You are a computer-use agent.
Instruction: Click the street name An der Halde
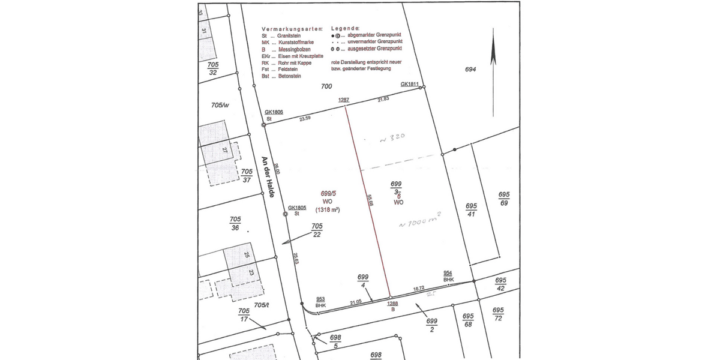pos(268,178)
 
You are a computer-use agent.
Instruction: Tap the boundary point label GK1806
pos(274,112)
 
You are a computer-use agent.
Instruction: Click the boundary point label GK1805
pos(297,208)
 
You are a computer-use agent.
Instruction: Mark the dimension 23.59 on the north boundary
pos(305,119)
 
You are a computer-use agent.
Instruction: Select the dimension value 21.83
pos(383,99)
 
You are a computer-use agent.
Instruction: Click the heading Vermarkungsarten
pos(292,29)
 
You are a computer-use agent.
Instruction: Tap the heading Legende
pos(345,29)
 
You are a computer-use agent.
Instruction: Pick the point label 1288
pos(392,303)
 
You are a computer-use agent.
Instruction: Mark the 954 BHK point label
pos(448,276)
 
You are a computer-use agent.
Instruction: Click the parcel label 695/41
pos(471,210)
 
